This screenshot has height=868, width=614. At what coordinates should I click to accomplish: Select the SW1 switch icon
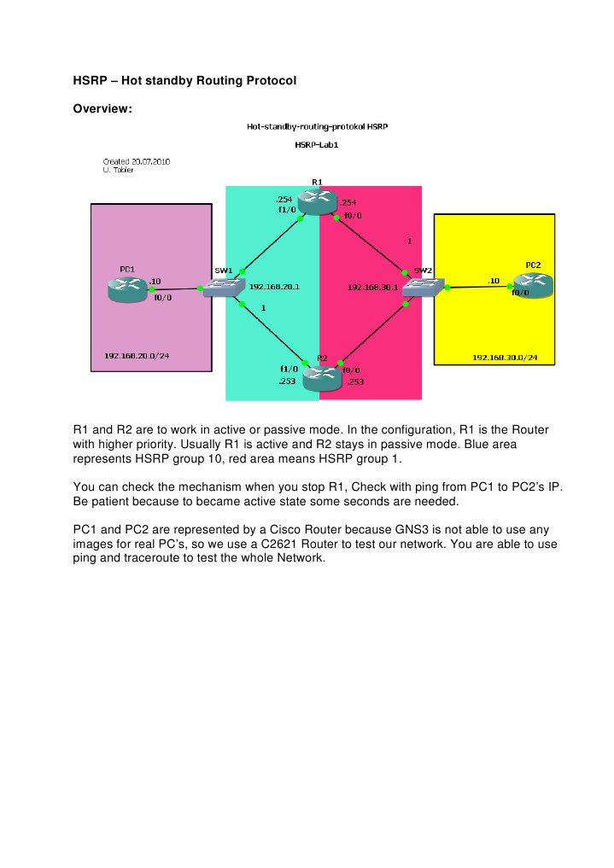click(x=222, y=288)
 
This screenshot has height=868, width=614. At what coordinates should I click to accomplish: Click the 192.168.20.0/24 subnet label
click(x=137, y=355)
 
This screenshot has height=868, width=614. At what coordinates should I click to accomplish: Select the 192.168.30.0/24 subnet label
click(x=506, y=358)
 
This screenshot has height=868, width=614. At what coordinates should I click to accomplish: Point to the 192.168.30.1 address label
click(x=372, y=288)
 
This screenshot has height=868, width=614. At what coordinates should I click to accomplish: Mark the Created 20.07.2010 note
click(x=136, y=161)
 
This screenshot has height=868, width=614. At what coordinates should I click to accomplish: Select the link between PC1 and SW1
click(x=175, y=288)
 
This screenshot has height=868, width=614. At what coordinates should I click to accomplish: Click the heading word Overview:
click(x=102, y=108)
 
